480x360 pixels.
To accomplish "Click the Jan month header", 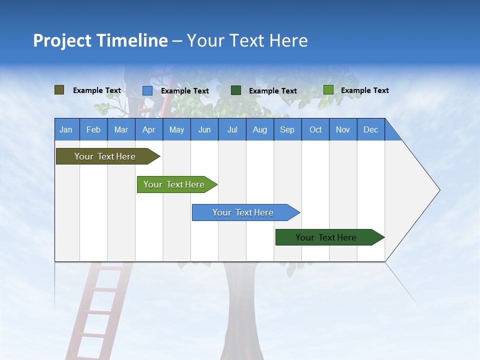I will (66, 129).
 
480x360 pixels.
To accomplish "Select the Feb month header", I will (93, 129).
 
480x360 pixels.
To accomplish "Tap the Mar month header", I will (121, 129).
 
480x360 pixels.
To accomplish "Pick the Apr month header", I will (149, 129).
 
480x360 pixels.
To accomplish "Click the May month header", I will (176, 129).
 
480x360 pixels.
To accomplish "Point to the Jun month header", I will (204, 129).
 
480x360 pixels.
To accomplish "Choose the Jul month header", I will (232, 129).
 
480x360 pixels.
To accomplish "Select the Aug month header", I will (260, 129).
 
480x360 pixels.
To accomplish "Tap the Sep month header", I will (287, 129).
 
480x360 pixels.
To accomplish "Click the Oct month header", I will (315, 129).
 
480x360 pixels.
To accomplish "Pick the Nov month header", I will (343, 129).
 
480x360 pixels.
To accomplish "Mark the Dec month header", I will (371, 129).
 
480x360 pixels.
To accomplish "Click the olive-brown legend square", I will (59, 90).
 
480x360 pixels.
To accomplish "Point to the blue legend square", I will (147, 90).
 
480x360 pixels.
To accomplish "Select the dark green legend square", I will (236, 90).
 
